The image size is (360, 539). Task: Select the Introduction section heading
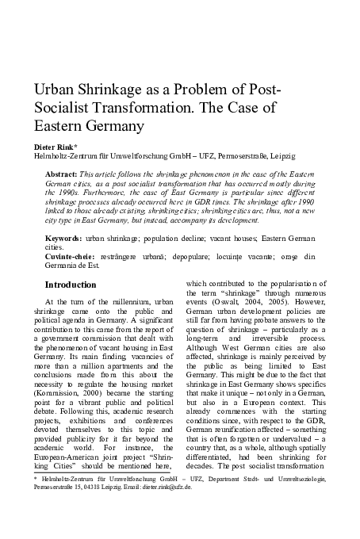tap(71, 284)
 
